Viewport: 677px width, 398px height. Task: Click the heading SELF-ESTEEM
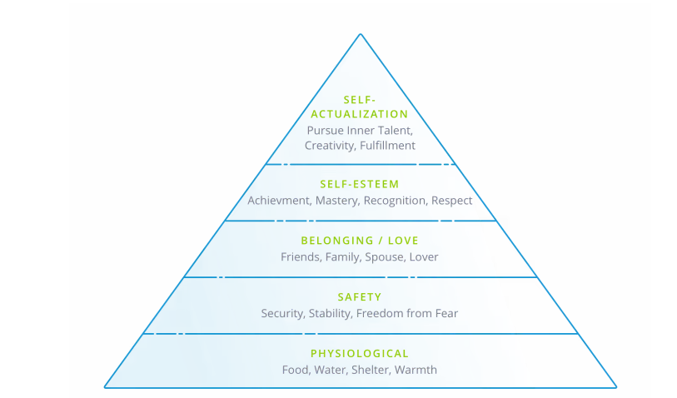pyautogui.click(x=360, y=184)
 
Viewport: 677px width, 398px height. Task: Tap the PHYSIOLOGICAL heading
pyautogui.click(x=360, y=354)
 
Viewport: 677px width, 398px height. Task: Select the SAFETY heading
pyautogui.click(x=360, y=297)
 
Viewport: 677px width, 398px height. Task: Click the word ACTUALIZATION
pyautogui.click(x=360, y=114)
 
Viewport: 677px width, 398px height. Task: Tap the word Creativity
pyautogui.click(x=327, y=146)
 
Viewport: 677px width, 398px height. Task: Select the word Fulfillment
pyautogui.click(x=387, y=146)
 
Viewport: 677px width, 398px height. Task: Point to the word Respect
pyautogui.click(x=453, y=201)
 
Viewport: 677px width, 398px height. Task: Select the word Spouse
pyautogui.click(x=385, y=257)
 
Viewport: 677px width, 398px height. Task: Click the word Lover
pyautogui.click(x=424, y=257)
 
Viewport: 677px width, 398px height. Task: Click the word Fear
pyautogui.click(x=445, y=314)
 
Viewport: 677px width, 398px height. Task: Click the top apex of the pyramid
pyautogui.click(x=360, y=34)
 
